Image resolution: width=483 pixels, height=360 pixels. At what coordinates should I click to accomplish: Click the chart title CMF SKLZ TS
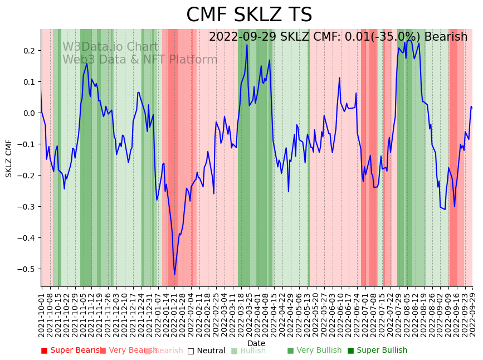coord(249,15)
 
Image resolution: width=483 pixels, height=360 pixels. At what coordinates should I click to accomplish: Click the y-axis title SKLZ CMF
coord(9,158)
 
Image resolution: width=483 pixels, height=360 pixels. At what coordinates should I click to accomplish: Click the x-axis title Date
coord(256,343)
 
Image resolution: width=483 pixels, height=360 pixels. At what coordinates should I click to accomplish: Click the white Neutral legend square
coord(191,351)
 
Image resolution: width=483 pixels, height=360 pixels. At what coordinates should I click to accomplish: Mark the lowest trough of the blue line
coord(174,274)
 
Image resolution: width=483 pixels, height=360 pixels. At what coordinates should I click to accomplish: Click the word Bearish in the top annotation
coord(446,37)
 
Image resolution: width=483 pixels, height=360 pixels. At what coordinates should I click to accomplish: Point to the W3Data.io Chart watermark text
coord(110,47)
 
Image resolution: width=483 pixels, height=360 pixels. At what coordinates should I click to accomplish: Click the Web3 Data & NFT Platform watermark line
coord(140,60)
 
